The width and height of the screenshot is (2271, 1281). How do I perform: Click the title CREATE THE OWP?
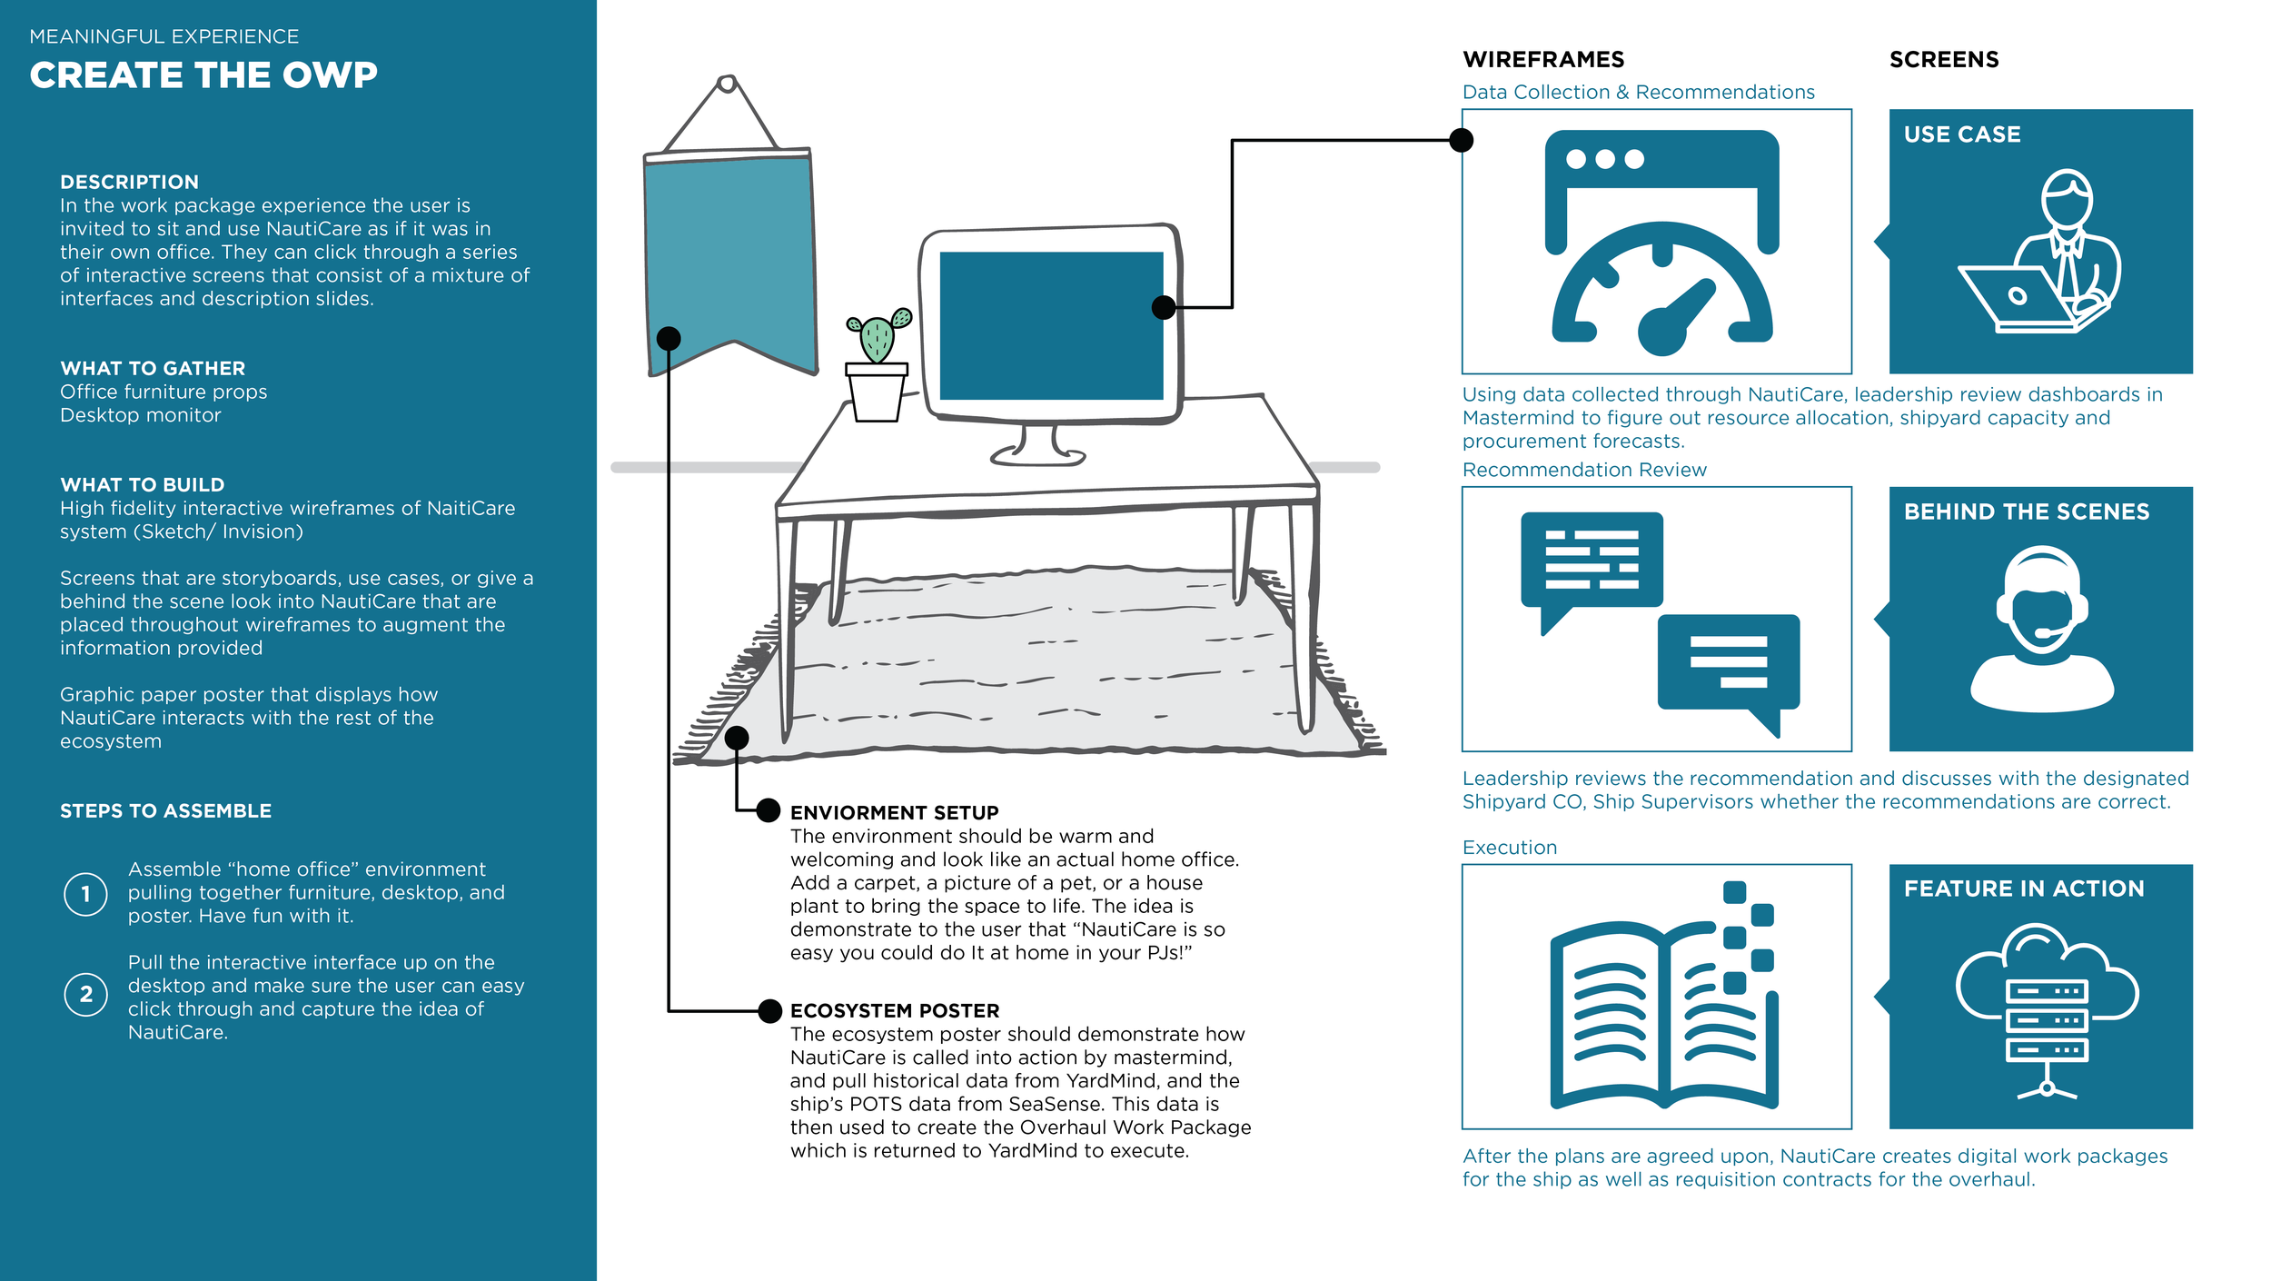point(203,75)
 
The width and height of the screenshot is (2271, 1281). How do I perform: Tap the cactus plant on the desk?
point(877,339)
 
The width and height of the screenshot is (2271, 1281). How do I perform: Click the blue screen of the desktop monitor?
point(1051,325)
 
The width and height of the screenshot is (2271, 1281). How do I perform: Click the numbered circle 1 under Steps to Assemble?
point(86,894)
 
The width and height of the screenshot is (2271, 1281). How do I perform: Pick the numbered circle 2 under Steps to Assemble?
point(86,994)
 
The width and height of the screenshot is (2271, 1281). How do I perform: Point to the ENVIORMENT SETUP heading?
point(894,812)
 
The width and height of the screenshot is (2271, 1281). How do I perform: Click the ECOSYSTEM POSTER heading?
point(894,1010)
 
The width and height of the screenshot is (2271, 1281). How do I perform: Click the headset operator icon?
point(2041,628)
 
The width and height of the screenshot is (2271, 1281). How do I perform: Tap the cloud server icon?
point(2047,1008)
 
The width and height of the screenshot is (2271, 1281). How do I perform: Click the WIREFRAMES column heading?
point(1543,60)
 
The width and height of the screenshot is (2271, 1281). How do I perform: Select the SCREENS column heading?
point(1944,60)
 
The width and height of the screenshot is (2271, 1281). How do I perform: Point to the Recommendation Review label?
point(1584,470)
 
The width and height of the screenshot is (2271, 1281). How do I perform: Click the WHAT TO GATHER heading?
point(153,368)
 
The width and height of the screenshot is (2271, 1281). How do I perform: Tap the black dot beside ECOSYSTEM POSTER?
point(769,1010)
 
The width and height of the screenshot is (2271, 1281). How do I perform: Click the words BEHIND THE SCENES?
point(2026,511)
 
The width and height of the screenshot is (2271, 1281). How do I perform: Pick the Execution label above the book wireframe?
point(1509,848)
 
